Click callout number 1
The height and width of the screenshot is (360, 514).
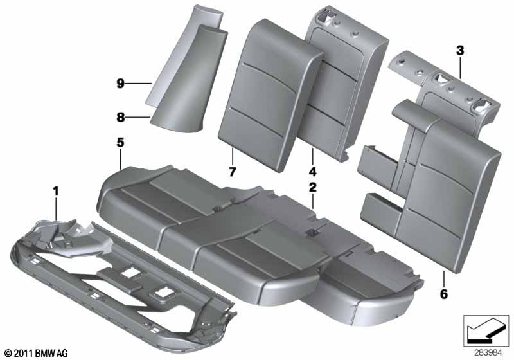pos(55,190)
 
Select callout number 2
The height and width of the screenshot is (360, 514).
pos(313,188)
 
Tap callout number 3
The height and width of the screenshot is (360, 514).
pos(459,50)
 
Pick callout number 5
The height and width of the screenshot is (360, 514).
pos(120,142)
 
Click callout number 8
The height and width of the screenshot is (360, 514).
pos(120,118)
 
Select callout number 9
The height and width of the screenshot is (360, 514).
pos(120,83)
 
